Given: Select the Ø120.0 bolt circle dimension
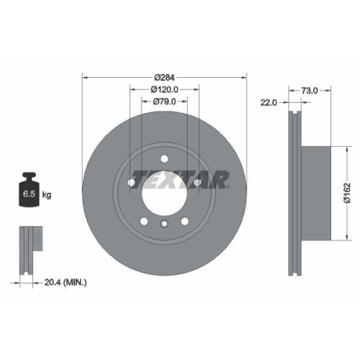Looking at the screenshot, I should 165,89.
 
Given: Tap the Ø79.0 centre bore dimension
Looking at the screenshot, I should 165,102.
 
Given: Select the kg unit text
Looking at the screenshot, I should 47,195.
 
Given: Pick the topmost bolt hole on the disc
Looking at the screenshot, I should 164,159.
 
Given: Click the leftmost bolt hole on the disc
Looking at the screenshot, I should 131,184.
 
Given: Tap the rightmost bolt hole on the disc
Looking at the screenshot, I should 197,184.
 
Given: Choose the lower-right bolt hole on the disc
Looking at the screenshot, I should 185,222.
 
